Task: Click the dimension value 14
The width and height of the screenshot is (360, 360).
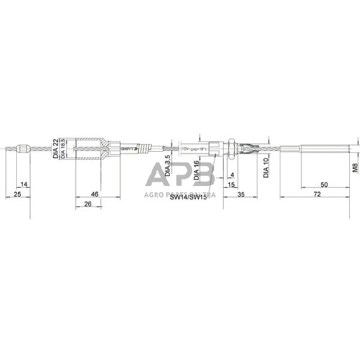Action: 24,184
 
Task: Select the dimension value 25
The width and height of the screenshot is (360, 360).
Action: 17,194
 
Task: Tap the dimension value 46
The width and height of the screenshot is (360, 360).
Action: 94,194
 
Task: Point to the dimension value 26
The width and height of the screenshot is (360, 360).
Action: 88,205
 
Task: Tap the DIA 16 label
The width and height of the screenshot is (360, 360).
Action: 197,170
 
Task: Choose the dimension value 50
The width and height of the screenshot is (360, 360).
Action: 325,184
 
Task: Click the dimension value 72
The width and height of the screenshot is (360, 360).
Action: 317,194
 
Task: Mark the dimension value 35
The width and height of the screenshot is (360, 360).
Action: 241,194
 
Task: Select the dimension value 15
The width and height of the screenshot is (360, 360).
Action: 232,184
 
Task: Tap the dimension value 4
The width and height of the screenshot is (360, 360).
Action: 232,175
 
